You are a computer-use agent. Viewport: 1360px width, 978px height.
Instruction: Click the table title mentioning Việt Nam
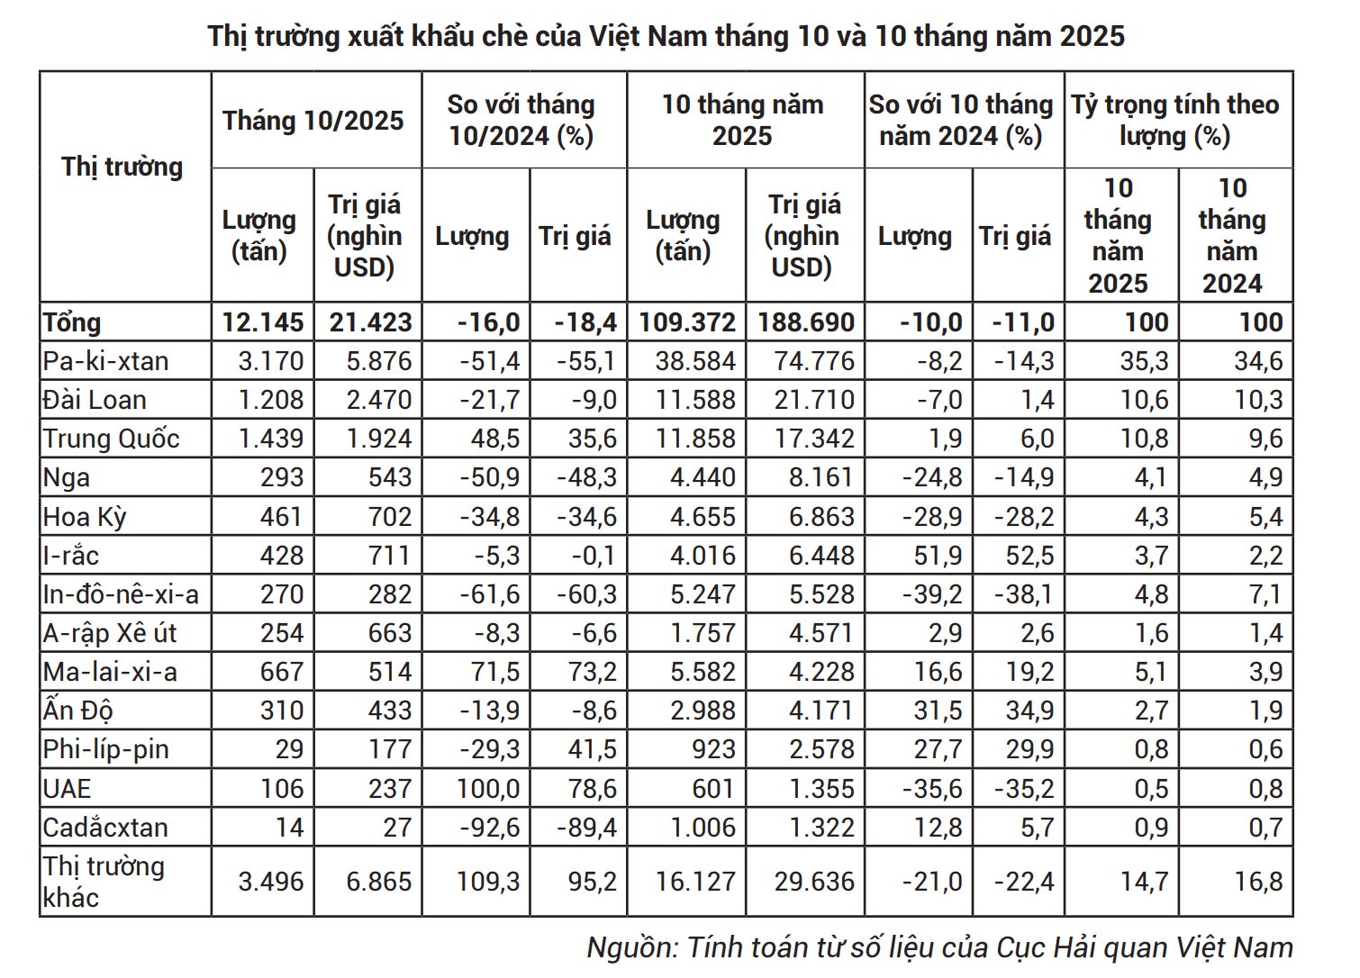(666, 36)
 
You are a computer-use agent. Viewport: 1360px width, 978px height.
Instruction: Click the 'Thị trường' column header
(122, 168)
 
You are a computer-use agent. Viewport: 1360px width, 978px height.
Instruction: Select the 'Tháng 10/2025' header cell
(313, 121)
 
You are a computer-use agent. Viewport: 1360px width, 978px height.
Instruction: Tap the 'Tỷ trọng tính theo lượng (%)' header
(1175, 120)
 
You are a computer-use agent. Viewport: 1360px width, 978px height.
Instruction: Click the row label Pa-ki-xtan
(106, 361)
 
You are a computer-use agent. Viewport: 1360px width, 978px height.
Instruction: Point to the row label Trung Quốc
(112, 439)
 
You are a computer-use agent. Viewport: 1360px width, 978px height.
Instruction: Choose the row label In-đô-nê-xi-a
(121, 594)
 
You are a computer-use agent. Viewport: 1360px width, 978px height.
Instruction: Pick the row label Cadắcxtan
(105, 827)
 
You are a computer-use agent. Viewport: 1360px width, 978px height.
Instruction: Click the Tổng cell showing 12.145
(263, 322)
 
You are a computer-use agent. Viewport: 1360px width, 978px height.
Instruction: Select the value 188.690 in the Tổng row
(805, 322)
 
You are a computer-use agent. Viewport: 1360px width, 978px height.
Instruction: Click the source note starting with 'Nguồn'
(939, 947)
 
